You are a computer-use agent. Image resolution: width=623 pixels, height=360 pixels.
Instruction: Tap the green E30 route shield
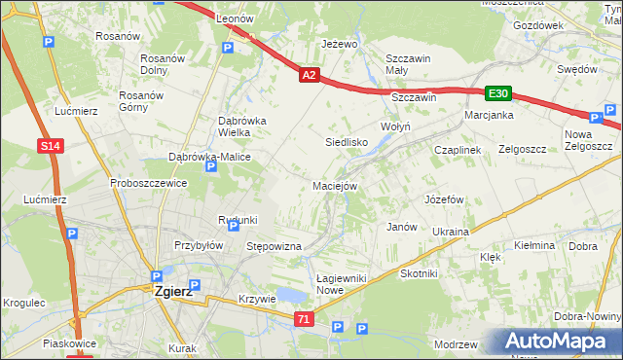coord(498,93)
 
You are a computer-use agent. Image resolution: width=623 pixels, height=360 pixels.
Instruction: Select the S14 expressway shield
coord(52,146)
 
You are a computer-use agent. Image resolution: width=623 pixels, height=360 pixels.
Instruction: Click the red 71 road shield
coord(305,319)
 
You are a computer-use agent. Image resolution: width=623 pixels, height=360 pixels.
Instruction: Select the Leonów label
coord(235,18)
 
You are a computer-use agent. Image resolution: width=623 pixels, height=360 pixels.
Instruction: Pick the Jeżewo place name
coord(340,44)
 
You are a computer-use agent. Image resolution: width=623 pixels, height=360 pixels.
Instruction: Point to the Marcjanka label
coord(489,115)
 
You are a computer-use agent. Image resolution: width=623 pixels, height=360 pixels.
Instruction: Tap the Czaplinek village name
coord(458,150)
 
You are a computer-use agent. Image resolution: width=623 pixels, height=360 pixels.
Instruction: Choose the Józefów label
coord(443,198)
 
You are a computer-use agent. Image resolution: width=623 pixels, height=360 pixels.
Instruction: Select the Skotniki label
coord(419,273)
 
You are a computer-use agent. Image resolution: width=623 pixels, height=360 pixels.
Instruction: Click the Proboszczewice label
coord(148,182)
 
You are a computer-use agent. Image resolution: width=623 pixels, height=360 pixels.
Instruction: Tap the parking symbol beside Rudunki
coord(233,225)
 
